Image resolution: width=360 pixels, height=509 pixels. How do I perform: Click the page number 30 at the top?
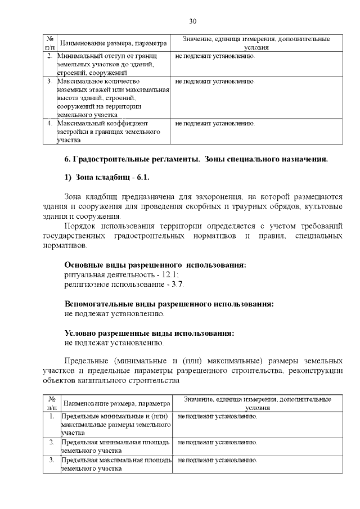[x=192, y=21]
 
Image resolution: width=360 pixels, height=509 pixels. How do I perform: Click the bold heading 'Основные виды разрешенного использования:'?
[x=155, y=264]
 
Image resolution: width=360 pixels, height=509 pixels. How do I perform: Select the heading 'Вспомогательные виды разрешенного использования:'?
[x=169, y=304]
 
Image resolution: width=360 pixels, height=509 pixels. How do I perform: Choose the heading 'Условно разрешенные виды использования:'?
[x=149, y=333]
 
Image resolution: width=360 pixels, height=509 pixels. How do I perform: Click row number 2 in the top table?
[x=49, y=57]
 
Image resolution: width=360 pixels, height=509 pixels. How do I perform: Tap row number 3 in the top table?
[x=49, y=81]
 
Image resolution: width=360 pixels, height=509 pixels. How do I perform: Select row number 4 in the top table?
[x=49, y=123]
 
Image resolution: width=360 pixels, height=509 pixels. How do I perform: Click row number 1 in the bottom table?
[x=52, y=416]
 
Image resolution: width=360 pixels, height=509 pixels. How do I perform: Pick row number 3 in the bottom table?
[x=52, y=460]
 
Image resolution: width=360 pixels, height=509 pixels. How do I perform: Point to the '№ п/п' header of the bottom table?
[x=52, y=403]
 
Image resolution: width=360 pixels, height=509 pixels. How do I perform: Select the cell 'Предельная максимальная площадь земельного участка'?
[x=116, y=464]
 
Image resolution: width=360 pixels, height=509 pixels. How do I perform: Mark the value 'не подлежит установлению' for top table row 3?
[x=215, y=81]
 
